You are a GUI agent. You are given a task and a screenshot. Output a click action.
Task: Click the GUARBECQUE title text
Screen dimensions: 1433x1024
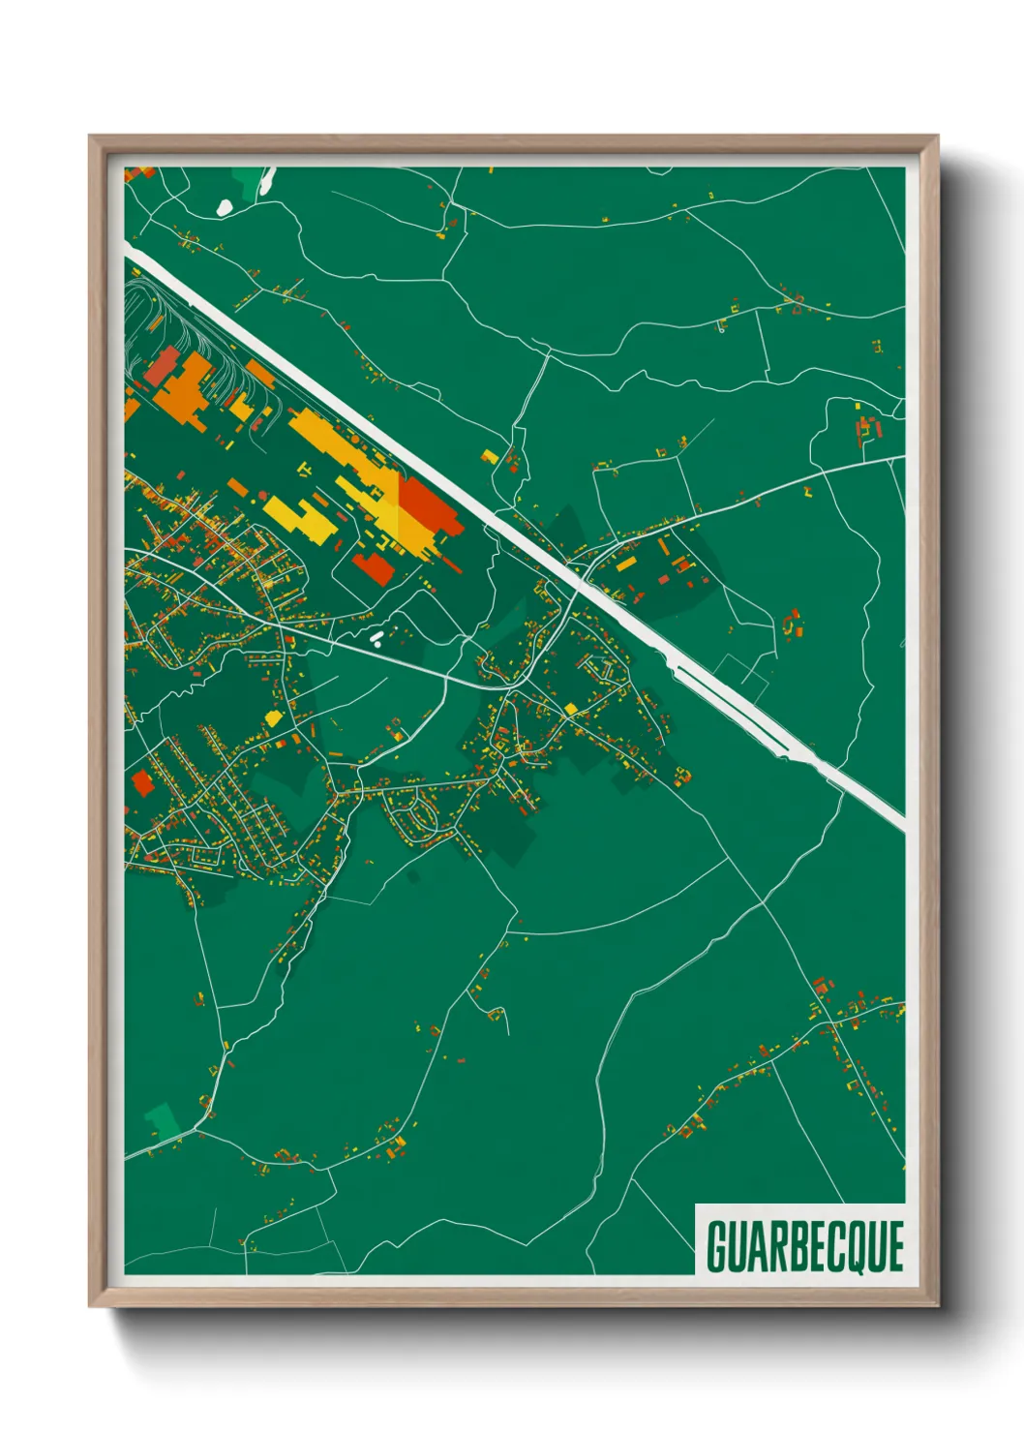(x=804, y=1246)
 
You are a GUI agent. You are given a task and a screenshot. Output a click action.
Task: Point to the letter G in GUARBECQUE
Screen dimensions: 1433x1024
(x=716, y=1247)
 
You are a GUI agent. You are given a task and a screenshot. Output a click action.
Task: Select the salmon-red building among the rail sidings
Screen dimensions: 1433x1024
(x=161, y=366)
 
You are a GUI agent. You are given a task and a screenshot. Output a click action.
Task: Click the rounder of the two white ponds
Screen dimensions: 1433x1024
(x=225, y=206)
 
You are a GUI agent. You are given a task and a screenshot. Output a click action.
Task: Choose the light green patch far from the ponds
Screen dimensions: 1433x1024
(x=162, y=1120)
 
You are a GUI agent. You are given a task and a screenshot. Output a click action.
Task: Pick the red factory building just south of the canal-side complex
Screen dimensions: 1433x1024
(x=375, y=568)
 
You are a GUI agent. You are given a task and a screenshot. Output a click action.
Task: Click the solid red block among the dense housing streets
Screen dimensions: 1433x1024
(x=142, y=782)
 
